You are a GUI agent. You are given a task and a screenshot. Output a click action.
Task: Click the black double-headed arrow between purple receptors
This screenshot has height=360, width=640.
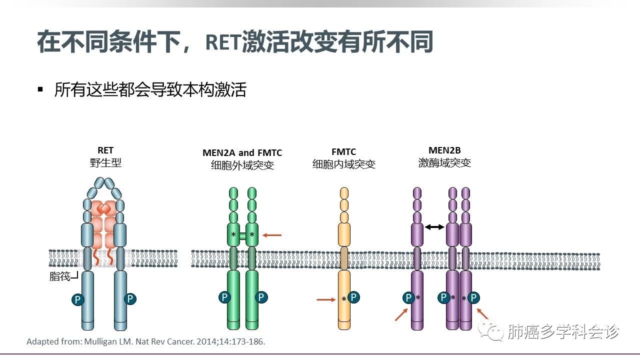[x=434, y=227]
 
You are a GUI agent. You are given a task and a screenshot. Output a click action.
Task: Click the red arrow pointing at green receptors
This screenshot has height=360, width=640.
[x=272, y=234]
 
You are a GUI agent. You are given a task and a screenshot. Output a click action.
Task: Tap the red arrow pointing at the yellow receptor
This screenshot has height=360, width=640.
[x=326, y=299]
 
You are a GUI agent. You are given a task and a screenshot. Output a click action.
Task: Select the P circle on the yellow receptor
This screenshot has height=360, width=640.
[x=354, y=297]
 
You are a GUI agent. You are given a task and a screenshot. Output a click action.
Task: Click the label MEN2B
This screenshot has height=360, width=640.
[x=444, y=150]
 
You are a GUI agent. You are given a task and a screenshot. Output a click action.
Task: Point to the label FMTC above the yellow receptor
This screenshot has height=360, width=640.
[x=343, y=152]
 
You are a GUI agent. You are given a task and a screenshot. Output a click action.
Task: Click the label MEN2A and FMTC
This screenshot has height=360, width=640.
[x=242, y=152]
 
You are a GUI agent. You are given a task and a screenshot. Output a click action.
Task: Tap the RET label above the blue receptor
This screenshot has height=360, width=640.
[x=105, y=150]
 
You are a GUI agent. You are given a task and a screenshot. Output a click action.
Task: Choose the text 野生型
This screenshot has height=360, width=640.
[x=105, y=163]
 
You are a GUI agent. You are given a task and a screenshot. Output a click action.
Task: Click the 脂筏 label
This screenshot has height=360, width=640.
[x=60, y=276]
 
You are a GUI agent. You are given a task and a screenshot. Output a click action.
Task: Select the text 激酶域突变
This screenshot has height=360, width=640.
[x=444, y=163]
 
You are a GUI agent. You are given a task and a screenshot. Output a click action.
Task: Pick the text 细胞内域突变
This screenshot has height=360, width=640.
[x=343, y=164]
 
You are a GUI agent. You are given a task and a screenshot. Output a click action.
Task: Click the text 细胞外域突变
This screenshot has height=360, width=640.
[x=242, y=165]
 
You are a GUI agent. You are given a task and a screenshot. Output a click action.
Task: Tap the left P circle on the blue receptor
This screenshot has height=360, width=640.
[x=77, y=299]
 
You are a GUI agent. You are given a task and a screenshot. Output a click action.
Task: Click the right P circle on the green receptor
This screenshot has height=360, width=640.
[x=261, y=297]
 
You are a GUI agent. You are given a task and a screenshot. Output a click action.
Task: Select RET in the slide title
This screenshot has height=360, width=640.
[x=222, y=43]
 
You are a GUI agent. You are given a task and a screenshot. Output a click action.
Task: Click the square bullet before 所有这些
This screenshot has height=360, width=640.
[x=40, y=89]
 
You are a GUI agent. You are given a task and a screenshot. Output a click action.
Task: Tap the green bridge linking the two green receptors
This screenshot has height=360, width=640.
[x=242, y=235]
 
